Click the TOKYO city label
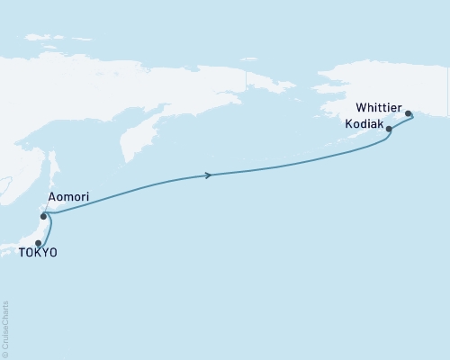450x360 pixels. (x=38, y=255)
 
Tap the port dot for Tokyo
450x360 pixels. (x=38, y=243)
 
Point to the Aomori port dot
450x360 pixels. (x=43, y=216)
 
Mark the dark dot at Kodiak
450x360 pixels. (x=389, y=130)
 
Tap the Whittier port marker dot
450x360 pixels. (x=409, y=114)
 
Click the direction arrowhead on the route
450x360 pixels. (x=210, y=175)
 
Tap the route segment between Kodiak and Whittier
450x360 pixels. (x=400, y=123)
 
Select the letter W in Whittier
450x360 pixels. (x=362, y=104)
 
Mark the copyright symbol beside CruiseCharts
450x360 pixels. (x=6, y=354)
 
